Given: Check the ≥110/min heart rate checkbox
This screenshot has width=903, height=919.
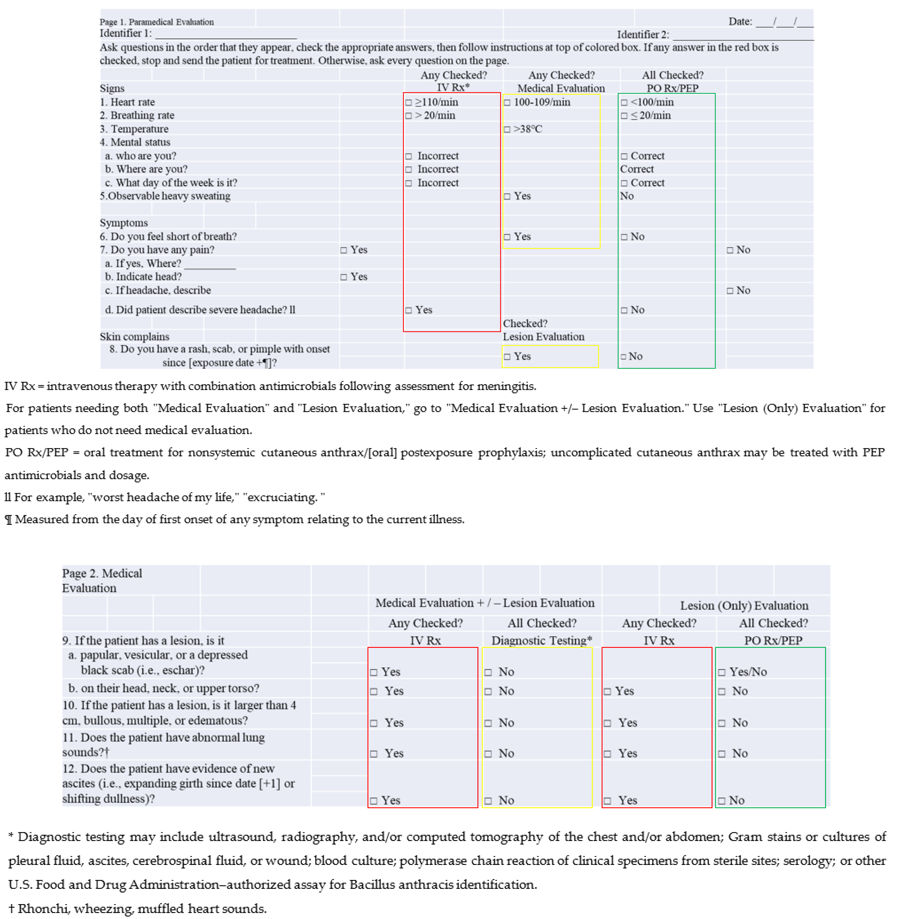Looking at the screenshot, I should click(x=408, y=102).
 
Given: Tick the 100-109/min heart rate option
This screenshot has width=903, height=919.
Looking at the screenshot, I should click(x=507, y=102).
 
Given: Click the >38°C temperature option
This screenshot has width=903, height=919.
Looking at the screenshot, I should click(x=507, y=129).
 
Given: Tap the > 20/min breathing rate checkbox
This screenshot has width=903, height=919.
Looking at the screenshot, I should click(x=408, y=116).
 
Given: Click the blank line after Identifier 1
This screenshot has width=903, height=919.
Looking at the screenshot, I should click(x=226, y=34).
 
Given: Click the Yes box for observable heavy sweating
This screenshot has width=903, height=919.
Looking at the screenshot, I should click(x=507, y=196).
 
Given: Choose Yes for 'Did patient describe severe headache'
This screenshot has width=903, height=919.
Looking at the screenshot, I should click(x=408, y=310).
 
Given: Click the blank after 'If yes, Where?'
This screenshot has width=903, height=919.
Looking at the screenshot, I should click(x=210, y=264).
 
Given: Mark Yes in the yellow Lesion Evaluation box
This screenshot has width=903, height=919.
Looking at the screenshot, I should click(x=507, y=356).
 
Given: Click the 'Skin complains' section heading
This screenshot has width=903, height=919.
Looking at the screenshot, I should click(x=134, y=336).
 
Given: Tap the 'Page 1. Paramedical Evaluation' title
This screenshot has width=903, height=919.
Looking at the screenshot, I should click(x=157, y=22).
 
